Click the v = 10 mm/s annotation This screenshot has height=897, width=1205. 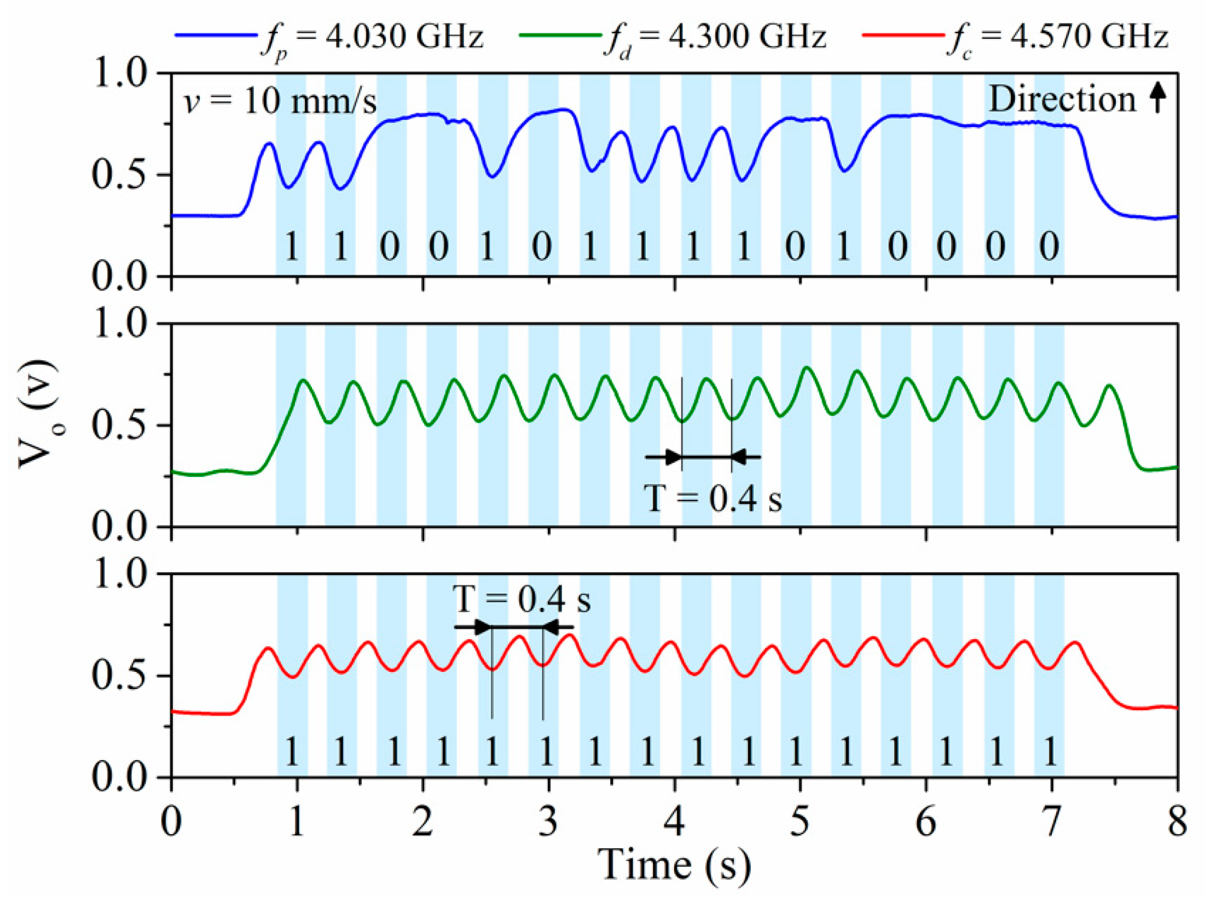click(x=280, y=102)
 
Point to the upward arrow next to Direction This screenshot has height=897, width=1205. click(x=1157, y=98)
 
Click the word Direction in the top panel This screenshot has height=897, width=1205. click(x=1062, y=100)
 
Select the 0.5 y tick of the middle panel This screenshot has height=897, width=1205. click(x=120, y=426)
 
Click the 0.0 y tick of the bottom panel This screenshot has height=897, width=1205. click(x=120, y=778)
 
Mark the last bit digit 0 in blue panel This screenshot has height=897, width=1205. click(x=1049, y=247)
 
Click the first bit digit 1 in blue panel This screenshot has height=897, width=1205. click(x=292, y=247)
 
